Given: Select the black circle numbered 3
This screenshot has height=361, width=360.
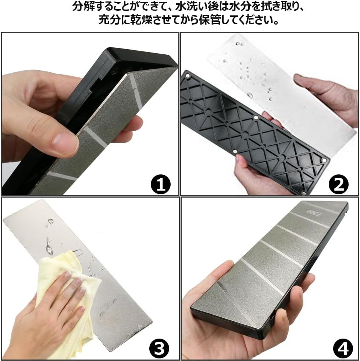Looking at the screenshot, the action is [x=159, y=348].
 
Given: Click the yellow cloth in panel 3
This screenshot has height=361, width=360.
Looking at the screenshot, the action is [x=67, y=299].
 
